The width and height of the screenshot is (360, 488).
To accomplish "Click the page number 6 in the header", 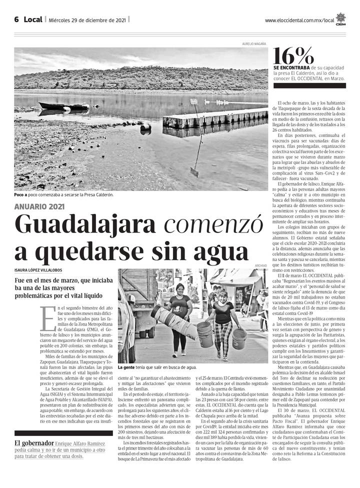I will click(x=16, y=19).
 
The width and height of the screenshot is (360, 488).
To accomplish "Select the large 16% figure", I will click(x=294, y=55).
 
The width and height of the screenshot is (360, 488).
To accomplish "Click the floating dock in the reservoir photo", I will click(x=215, y=118).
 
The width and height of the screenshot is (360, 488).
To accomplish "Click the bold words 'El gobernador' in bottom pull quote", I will click(x=34, y=443).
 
